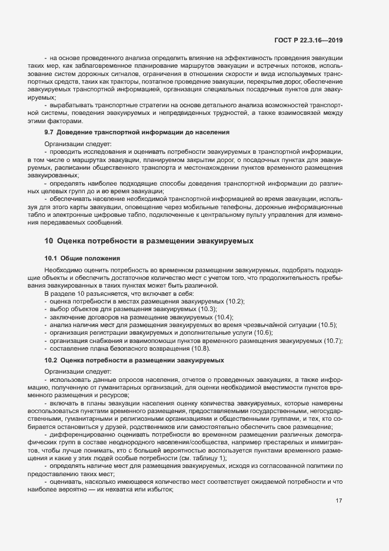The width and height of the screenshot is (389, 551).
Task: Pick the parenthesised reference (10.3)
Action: pyautogui.click(x=207, y=309)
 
